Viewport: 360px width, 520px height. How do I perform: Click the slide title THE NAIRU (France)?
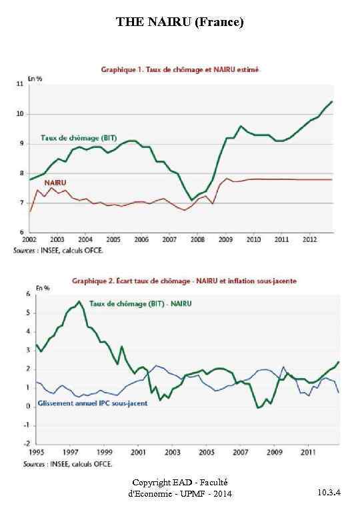[x=180, y=22]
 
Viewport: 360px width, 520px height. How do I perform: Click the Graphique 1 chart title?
[x=180, y=69]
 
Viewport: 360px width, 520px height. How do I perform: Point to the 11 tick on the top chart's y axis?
[x=21, y=84]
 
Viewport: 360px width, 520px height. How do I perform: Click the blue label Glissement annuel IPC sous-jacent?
[x=93, y=403]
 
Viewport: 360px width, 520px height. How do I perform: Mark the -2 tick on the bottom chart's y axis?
[x=27, y=443]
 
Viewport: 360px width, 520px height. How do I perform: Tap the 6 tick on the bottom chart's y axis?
[x=28, y=294]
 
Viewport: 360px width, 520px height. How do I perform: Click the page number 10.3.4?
[x=329, y=493]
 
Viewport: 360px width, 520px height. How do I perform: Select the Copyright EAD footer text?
[x=179, y=487]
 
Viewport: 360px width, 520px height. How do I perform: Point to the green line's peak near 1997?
[x=79, y=301]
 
